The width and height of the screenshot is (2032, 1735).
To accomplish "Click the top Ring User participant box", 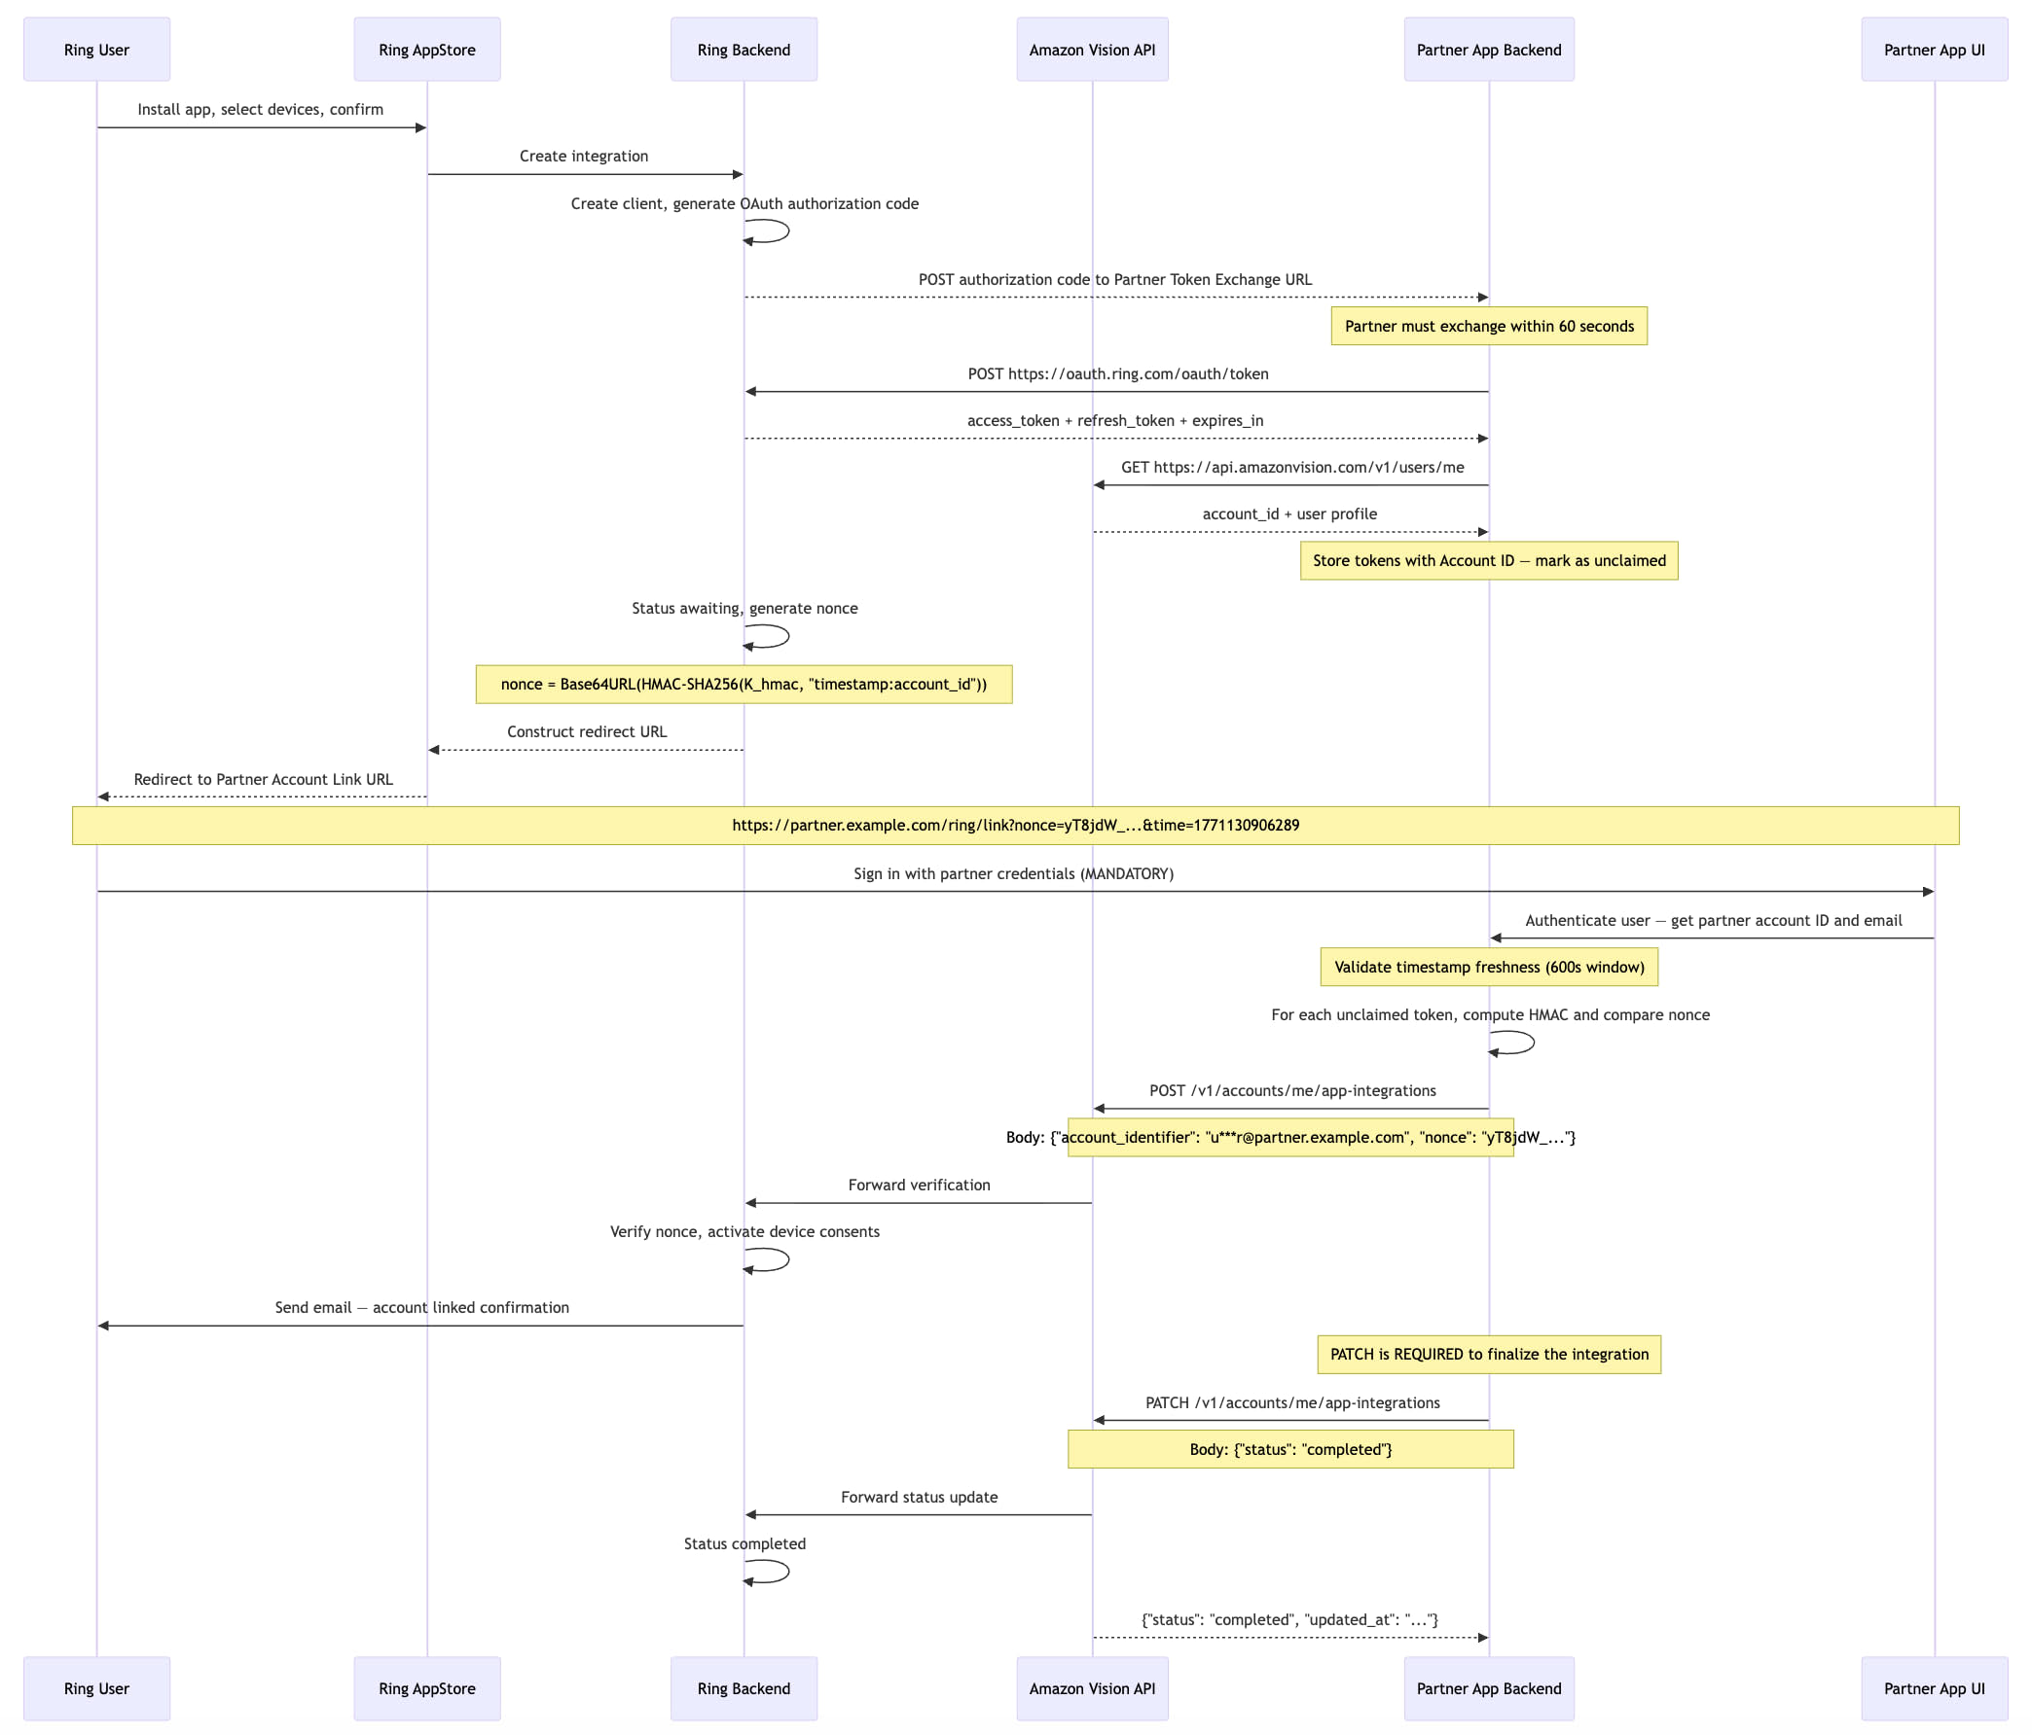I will pos(96,49).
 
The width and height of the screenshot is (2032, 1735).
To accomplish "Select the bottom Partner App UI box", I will pos(1934,1688).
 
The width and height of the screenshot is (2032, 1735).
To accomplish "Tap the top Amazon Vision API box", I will pos(1092,49).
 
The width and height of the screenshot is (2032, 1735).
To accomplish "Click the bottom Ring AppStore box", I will pos(426,1688).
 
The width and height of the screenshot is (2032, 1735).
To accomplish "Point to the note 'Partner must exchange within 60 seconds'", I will pos(1489,327).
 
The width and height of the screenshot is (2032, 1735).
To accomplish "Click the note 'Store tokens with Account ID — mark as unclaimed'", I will pos(1489,561).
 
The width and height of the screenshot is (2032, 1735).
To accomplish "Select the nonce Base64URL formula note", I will pos(744,685).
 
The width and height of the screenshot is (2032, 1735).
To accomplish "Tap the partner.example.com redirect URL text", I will pos(1015,826).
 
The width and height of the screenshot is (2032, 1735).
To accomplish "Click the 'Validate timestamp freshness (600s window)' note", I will pos(1489,967).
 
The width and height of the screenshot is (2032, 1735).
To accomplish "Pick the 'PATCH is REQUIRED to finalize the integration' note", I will pos(1489,1354).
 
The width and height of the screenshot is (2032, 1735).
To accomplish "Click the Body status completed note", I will pos(1289,1449).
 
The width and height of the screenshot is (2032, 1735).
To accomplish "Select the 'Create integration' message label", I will pos(584,156).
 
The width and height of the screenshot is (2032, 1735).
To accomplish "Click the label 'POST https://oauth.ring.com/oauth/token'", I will pos(1117,373).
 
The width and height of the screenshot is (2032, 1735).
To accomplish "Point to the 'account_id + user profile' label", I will pos(1288,513).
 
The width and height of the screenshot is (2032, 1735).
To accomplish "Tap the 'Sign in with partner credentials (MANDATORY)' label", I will pos(1013,873).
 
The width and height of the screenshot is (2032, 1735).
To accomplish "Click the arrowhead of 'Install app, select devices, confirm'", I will pos(420,127).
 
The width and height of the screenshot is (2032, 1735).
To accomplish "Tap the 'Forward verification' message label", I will pos(919,1186).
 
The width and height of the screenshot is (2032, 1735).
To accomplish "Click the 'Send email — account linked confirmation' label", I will pos(421,1308).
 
